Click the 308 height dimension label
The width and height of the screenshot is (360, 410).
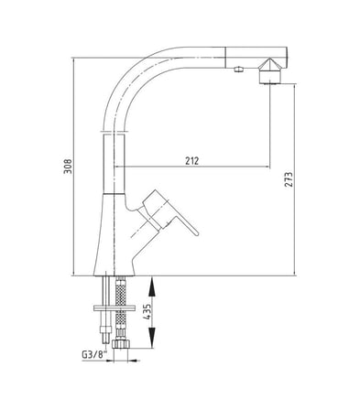coord(68,167)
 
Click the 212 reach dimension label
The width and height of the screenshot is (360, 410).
coord(191,160)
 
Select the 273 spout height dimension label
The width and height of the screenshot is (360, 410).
coord(289,179)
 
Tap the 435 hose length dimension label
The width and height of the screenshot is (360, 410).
coord(147,311)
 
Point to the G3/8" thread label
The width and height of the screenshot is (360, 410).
coord(94,354)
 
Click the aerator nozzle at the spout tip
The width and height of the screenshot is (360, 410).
coord(270,71)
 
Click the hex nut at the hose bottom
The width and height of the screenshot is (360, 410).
coord(121,345)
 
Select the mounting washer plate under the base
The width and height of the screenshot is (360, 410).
coord(115,308)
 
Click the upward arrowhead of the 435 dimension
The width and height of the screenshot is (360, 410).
coord(152,286)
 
